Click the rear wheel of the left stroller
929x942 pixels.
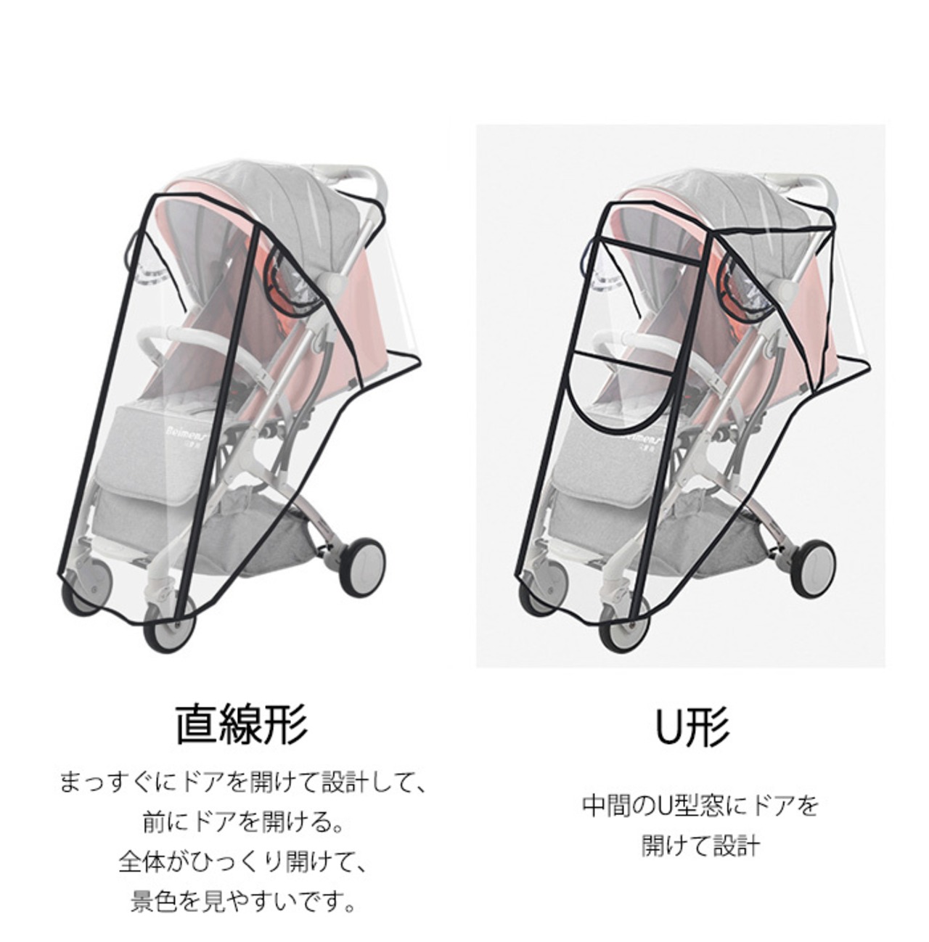(362, 566)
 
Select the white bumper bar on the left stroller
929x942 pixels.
(182, 335)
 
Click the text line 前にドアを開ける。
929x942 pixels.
(242, 822)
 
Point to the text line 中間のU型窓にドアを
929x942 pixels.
(700, 806)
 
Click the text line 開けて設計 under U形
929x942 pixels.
(700, 845)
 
